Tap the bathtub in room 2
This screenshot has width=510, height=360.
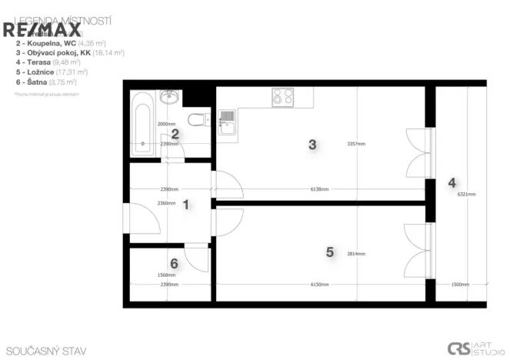(x=142, y=124)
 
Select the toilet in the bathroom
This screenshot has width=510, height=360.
(x=198, y=120)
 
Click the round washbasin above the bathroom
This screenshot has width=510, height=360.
(x=169, y=97)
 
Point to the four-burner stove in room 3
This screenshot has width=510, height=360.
(x=282, y=97)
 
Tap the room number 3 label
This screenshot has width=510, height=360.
(x=312, y=144)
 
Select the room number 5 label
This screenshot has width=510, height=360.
(x=329, y=252)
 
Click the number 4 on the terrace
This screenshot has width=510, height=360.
(x=452, y=183)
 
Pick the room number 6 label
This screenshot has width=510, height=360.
(x=174, y=264)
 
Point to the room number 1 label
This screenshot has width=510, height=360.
(x=185, y=204)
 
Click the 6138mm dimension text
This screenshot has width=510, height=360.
(x=319, y=189)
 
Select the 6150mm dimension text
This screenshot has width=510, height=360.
(x=319, y=285)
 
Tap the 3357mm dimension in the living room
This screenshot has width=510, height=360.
(x=356, y=144)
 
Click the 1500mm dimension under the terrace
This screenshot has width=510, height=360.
(x=461, y=285)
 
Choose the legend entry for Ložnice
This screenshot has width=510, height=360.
(x=46, y=72)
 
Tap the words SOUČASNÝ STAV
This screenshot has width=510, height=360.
(x=45, y=351)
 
